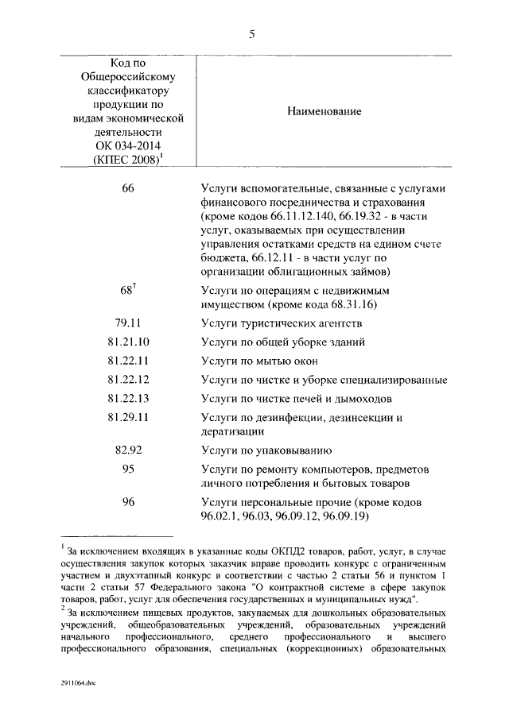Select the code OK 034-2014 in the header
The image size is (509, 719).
[x=127, y=147]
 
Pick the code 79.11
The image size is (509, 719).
[x=128, y=324]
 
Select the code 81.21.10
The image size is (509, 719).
[x=128, y=342]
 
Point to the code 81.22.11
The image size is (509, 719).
[x=128, y=361]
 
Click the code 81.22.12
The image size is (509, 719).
[x=128, y=380]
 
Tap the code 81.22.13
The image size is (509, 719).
[x=128, y=398]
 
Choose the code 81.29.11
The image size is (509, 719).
[x=128, y=417]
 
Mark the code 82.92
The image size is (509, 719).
[x=128, y=449]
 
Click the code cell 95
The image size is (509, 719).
[x=128, y=469]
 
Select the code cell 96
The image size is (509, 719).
[x=128, y=501]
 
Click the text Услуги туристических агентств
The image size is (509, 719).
[x=282, y=324]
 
